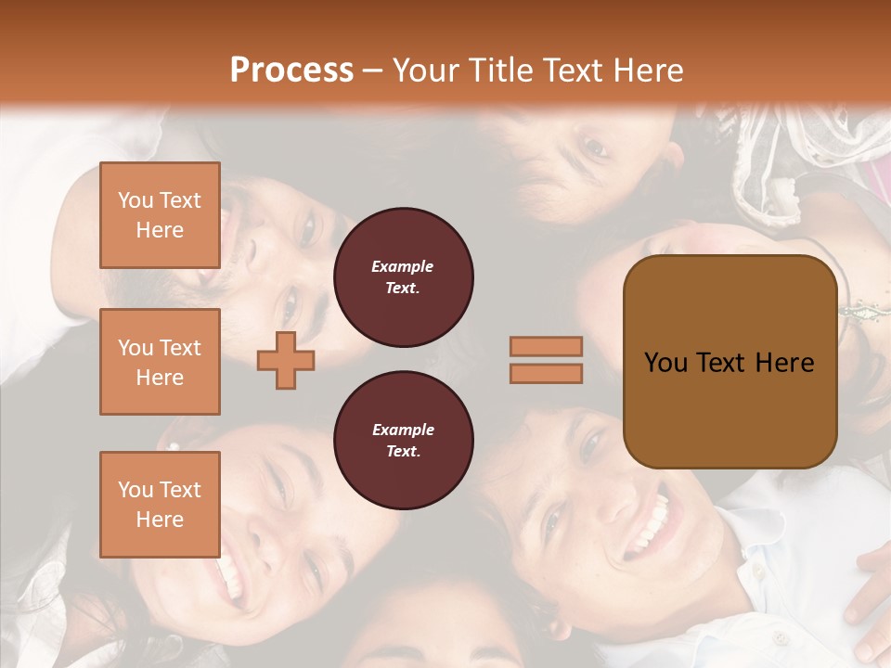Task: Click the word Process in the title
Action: tap(291, 71)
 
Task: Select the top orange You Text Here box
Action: tap(160, 215)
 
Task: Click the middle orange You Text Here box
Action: tap(160, 362)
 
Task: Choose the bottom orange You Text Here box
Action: tap(160, 505)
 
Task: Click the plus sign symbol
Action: tap(286, 360)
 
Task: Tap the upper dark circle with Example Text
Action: tap(403, 276)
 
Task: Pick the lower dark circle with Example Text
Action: tap(403, 441)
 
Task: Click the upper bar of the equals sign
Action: tap(546, 346)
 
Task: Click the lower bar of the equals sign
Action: tap(546, 373)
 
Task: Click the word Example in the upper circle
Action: tap(403, 266)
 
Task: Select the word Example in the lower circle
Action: tap(403, 430)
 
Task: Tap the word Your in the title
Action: tap(423, 71)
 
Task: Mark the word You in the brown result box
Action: tap(665, 362)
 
